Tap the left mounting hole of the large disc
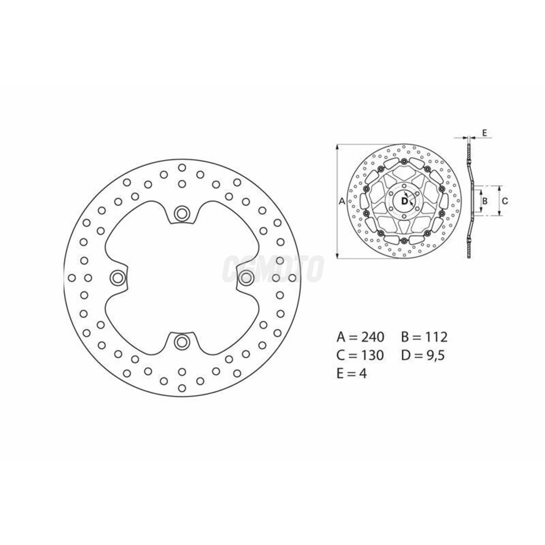click(x=117, y=278)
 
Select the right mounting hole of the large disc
click(x=246, y=278)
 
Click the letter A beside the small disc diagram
click(x=342, y=201)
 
